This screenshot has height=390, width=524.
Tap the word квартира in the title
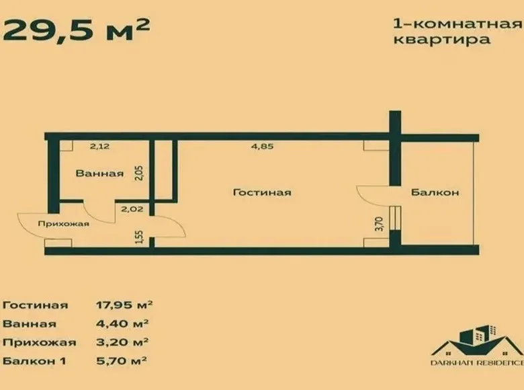(442, 40)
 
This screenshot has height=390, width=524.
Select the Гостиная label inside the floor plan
(262, 192)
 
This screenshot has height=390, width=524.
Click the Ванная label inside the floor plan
(99, 173)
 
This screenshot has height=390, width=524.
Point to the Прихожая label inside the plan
(64, 223)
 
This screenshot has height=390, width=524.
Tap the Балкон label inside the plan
(435, 192)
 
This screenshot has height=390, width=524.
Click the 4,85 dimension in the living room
(262, 146)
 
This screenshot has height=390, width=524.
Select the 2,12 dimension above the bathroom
(99, 146)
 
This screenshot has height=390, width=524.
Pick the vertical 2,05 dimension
(140, 173)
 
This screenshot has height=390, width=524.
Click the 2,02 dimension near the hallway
(132, 209)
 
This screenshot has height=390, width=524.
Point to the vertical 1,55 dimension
(140, 237)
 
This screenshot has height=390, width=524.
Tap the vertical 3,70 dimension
(380, 224)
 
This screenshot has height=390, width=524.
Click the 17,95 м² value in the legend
(124, 305)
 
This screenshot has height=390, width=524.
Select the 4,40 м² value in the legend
(122, 323)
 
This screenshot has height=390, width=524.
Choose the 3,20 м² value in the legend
(122, 342)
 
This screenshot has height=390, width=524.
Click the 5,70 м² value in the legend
(122, 361)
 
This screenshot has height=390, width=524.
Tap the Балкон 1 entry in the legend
(34, 361)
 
